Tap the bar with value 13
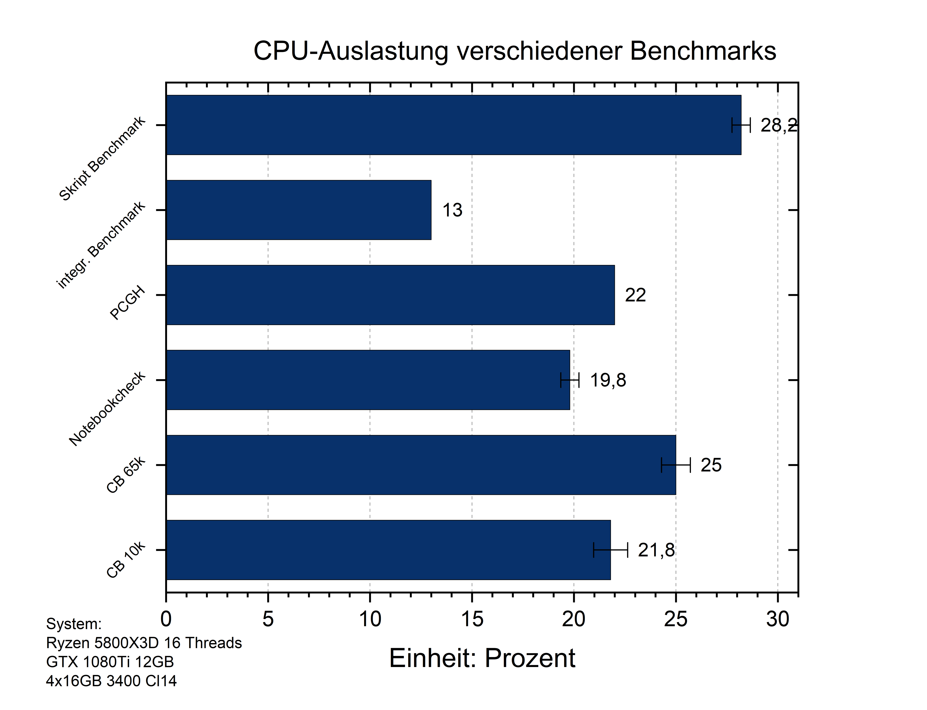[x=298, y=210]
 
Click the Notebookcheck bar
[x=368, y=380]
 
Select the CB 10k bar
[x=388, y=550]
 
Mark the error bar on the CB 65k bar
[x=676, y=465]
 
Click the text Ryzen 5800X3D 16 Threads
[x=144, y=643]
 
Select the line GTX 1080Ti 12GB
[x=110, y=662]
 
